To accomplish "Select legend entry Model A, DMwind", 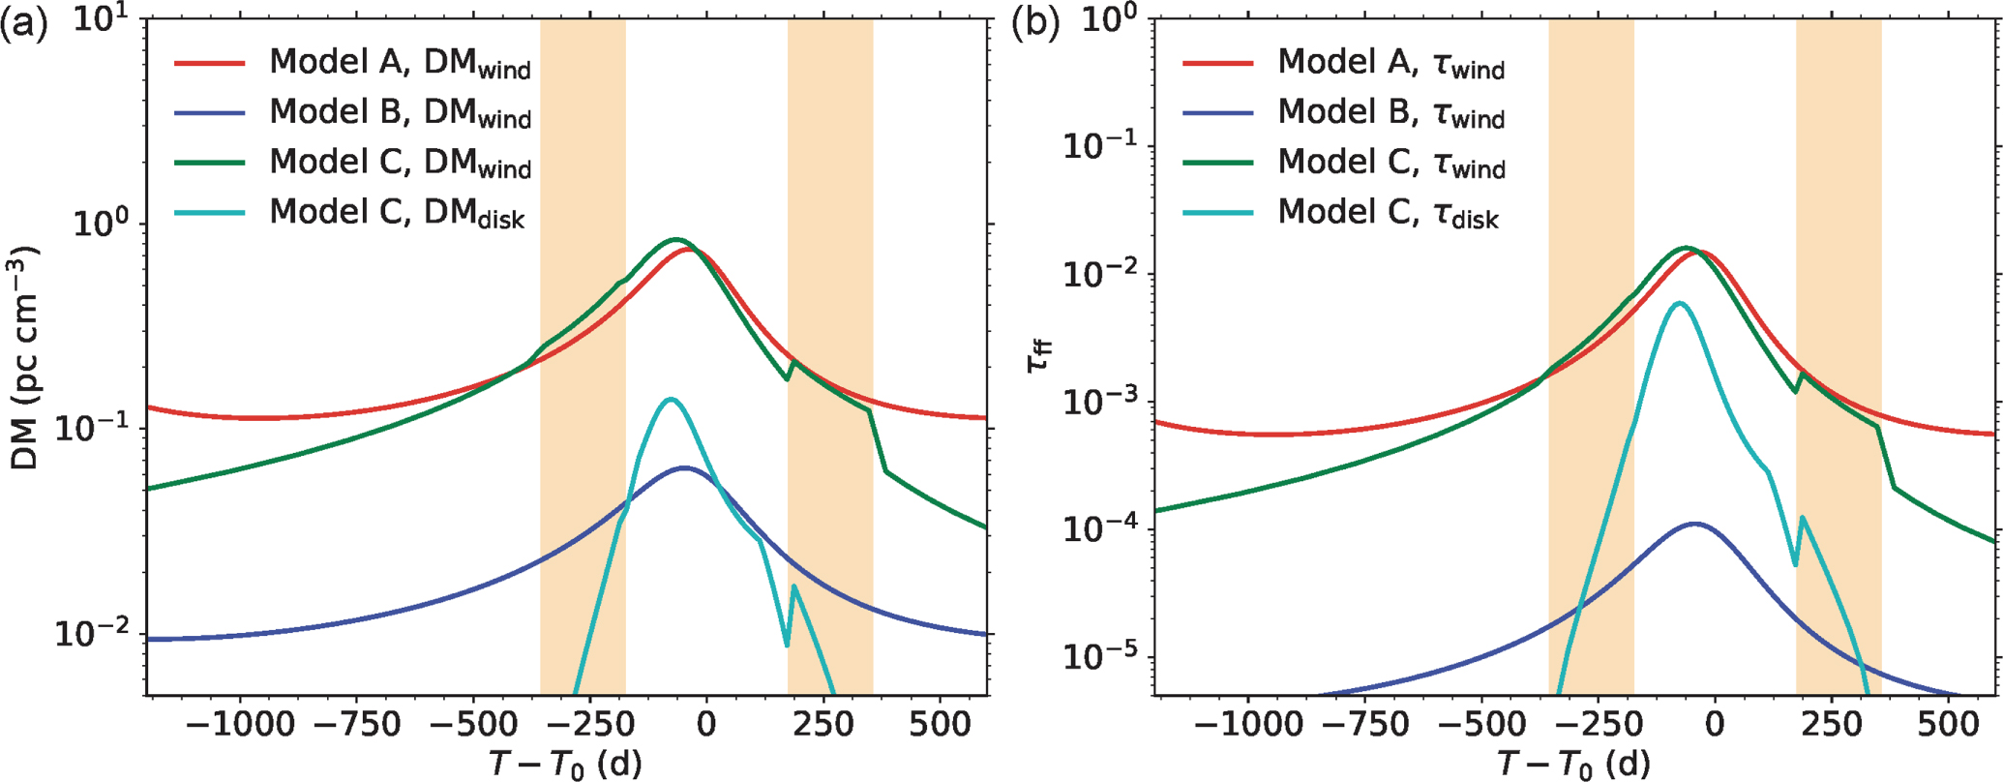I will click(x=400, y=63).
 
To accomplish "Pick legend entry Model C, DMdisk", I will click(x=397, y=213).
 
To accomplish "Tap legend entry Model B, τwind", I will click(x=1390, y=113).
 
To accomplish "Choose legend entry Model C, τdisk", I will click(x=1388, y=213).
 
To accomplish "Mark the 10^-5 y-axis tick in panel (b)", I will click(x=1103, y=658).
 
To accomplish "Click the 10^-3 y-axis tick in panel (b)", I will click(x=1103, y=403).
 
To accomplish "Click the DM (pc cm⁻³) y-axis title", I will click(x=25, y=358).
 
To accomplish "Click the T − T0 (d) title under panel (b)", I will click(x=1573, y=765).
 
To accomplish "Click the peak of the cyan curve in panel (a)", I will click(x=670, y=399).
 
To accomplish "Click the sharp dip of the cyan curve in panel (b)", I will click(x=1796, y=565).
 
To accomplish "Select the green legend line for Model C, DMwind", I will click(x=210, y=163).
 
